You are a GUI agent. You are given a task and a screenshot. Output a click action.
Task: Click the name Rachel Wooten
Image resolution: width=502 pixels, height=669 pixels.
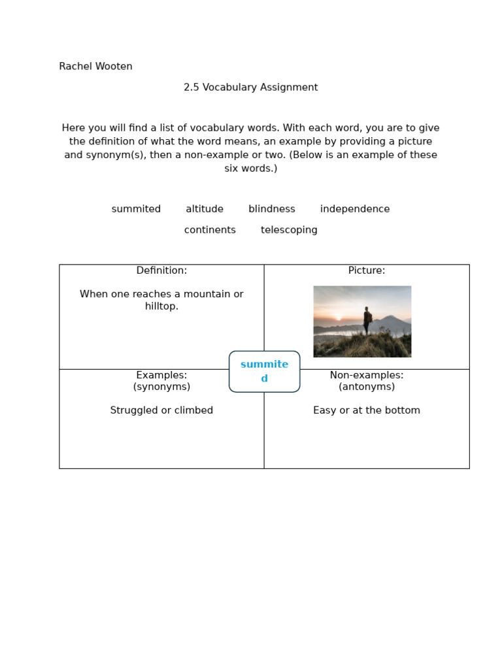click(x=95, y=67)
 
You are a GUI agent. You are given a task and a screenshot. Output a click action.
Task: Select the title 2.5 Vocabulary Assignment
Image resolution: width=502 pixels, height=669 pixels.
click(x=250, y=88)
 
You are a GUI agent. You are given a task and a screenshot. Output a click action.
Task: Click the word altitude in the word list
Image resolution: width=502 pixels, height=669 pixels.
click(x=205, y=209)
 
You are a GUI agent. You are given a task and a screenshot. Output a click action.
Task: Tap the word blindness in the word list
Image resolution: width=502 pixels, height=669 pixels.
click(x=272, y=209)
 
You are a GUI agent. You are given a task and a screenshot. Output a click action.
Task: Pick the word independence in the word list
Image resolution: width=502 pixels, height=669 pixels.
click(x=355, y=209)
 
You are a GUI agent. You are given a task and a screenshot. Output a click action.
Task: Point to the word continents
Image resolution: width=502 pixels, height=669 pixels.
click(x=210, y=230)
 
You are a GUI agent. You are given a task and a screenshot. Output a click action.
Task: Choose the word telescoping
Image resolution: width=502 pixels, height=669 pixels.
click(x=289, y=230)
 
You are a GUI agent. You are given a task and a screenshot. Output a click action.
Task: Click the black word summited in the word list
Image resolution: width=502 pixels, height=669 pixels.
click(x=136, y=209)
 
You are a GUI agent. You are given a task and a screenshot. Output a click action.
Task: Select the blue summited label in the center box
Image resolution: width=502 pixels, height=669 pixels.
click(x=264, y=371)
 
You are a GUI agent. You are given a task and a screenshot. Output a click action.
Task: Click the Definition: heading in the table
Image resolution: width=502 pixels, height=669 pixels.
click(x=161, y=270)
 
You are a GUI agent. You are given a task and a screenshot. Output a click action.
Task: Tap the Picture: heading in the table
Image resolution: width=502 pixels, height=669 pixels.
click(x=367, y=270)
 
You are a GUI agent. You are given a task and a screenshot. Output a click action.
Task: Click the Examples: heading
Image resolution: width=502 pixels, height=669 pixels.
click(x=161, y=375)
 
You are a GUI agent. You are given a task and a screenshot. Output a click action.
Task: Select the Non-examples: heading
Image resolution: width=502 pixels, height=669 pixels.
click(x=367, y=375)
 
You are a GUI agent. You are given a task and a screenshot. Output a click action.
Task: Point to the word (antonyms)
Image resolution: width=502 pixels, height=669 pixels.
click(x=367, y=387)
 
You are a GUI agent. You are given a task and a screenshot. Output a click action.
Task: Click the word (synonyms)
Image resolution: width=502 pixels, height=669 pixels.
click(x=161, y=387)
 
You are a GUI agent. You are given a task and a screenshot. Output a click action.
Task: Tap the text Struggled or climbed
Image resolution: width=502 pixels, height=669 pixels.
click(x=161, y=410)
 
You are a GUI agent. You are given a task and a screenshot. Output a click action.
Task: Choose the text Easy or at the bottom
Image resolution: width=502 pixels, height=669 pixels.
click(x=367, y=410)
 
